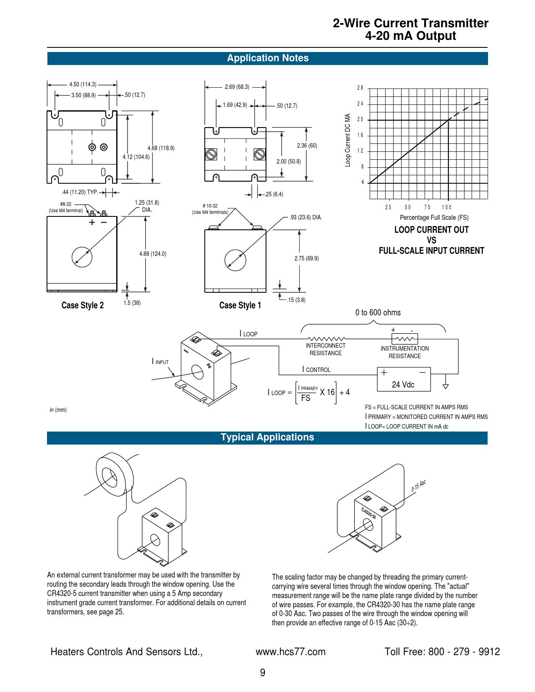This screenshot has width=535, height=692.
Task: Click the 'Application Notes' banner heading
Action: (268, 58)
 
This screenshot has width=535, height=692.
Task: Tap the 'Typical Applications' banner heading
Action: (267, 437)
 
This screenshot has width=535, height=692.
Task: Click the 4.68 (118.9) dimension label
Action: (161, 148)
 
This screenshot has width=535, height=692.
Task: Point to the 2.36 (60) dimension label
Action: (307, 146)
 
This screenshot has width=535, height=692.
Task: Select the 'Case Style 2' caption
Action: (83, 305)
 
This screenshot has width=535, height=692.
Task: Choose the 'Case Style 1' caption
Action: (240, 305)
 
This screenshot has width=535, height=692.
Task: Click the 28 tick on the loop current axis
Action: (360, 88)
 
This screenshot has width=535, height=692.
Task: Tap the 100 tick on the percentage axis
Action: (446, 207)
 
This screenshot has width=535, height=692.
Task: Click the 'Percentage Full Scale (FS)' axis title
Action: (434, 217)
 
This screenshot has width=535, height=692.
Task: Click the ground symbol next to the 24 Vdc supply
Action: (446, 386)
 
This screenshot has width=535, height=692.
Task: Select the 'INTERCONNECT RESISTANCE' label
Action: (326, 349)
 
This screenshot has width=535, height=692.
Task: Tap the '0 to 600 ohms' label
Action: (378, 312)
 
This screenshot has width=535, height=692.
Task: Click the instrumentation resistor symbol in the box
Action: (405, 339)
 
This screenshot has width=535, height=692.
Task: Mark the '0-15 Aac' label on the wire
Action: (418, 486)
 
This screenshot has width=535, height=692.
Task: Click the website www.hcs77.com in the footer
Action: (290, 652)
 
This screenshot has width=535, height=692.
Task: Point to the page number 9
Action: (263, 673)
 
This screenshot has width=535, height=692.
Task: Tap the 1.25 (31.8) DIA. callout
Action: (147, 206)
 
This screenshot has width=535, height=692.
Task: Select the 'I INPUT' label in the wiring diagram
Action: (160, 362)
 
